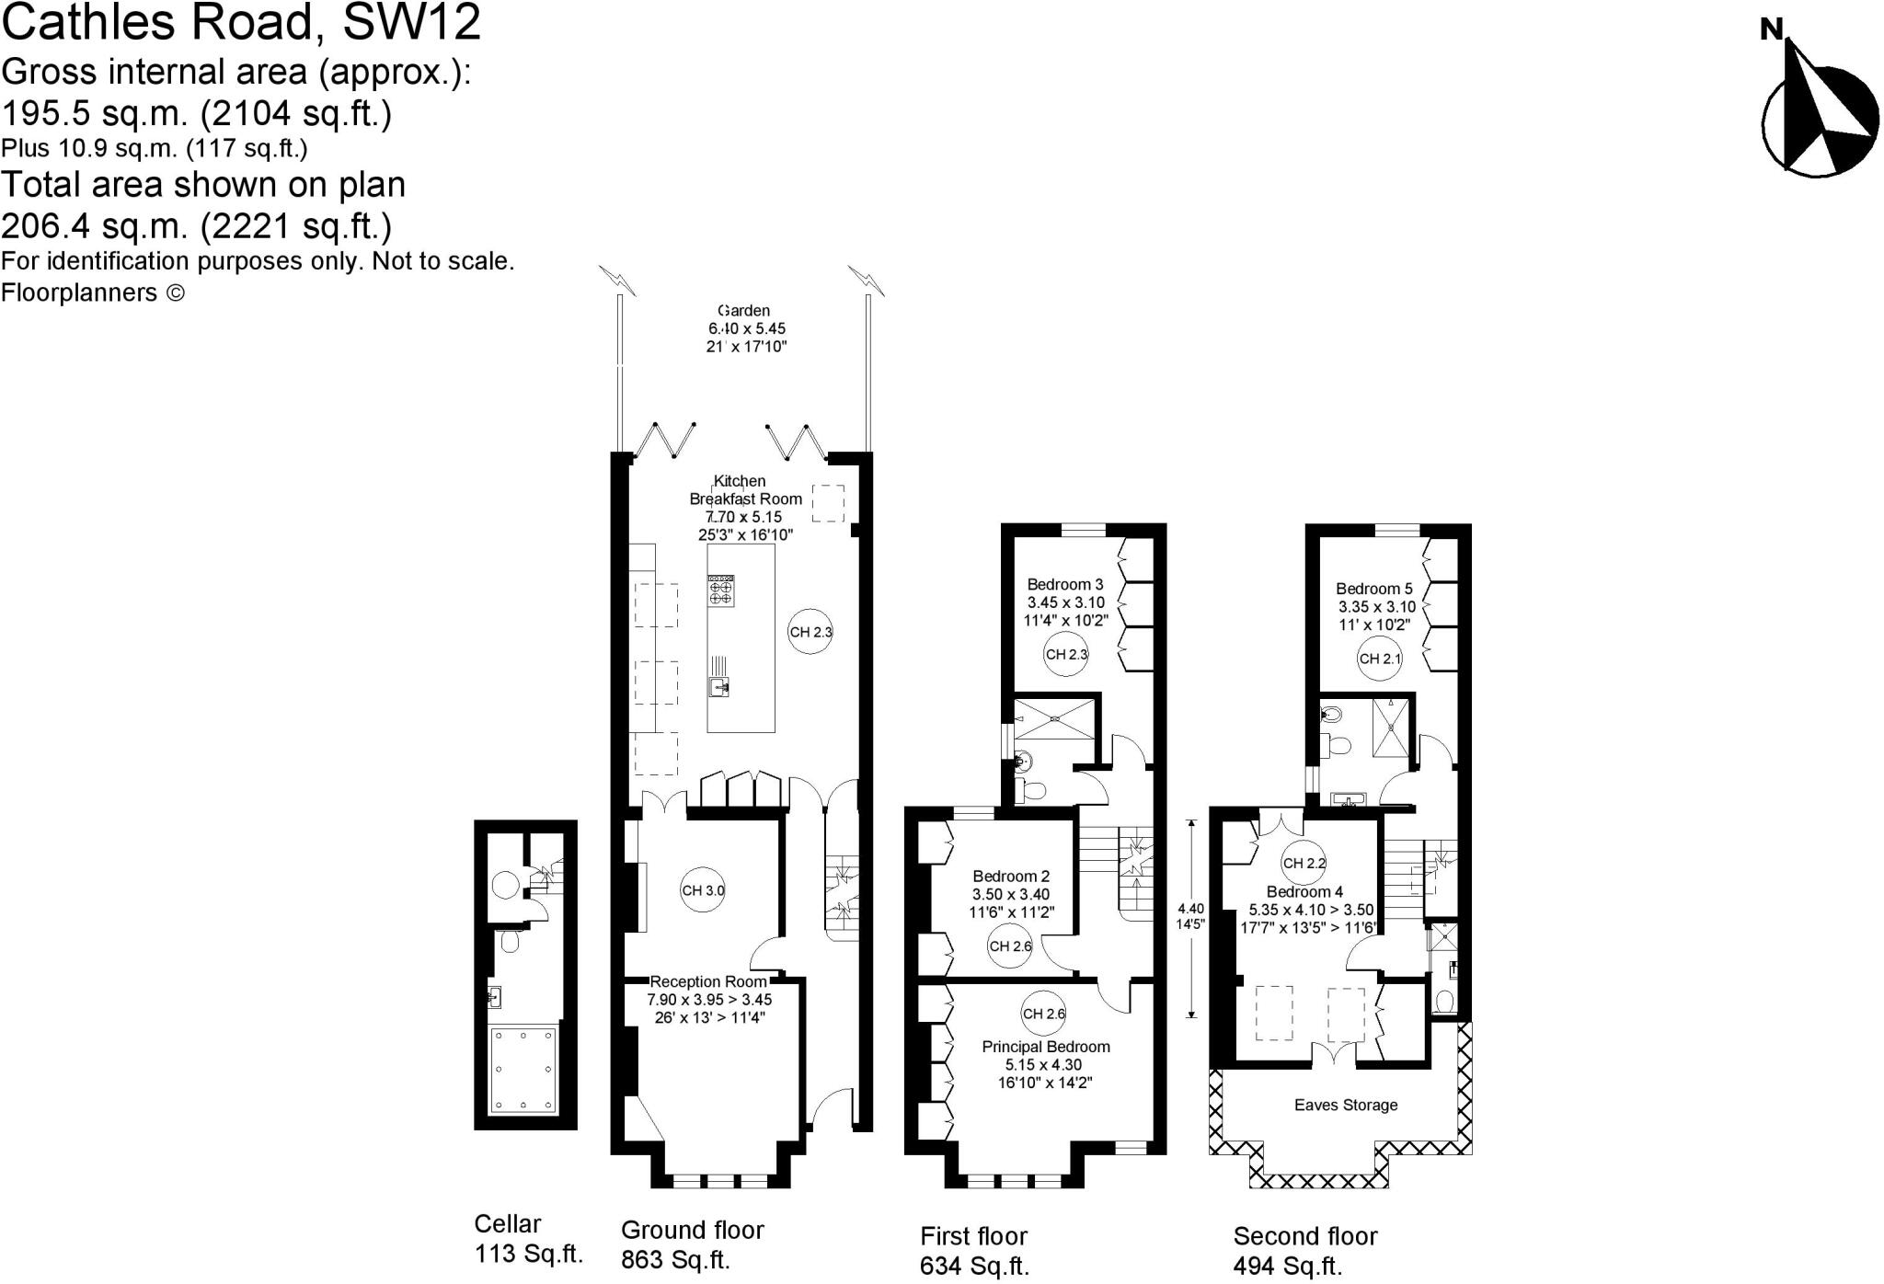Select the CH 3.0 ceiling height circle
pyautogui.click(x=703, y=890)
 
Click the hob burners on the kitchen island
pyautogui.click(x=720, y=590)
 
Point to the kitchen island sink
pyautogui.click(x=718, y=686)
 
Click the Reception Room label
pyautogui.click(x=708, y=982)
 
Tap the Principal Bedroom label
pyautogui.click(x=1045, y=1047)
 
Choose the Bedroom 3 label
pyautogui.click(x=1064, y=584)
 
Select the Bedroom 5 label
pyautogui.click(x=1373, y=589)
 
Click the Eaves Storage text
pyautogui.click(x=1345, y=1105)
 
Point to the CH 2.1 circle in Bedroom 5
pyautogui.click(x=1381, y=659)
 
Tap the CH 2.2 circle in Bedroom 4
pyautogui.click(x=1304, y=863)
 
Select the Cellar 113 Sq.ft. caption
pyautogui.click(x=528, y=1238)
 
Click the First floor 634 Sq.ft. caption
pyautogui.click(x=974, y=1251)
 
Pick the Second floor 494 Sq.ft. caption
pyautogui.click(x=1304, y=1251)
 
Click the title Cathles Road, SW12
pyautogui.click(x=241, y=22)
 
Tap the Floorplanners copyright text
pyautogui.click(x=92, y=292)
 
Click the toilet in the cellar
pyautogui.click(x=508, y=940)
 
